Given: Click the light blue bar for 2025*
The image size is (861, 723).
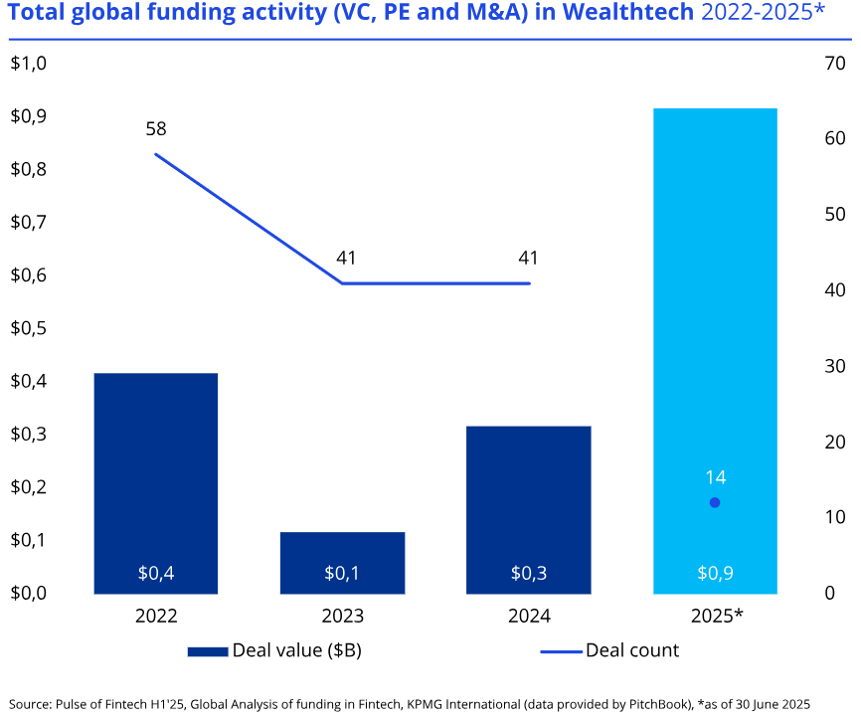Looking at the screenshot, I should pyautogui.click(x=714, y=348).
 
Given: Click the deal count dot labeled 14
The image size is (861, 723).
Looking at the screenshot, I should pyautogui.click(x=714, y=502).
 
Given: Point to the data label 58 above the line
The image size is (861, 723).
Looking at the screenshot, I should pyautogui.click(x=155, y=128).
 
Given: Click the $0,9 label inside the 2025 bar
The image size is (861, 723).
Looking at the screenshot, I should pyautogui.click(x=715, y=573).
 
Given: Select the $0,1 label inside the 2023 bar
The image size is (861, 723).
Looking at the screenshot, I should pyautogui.click(x=342, y=573).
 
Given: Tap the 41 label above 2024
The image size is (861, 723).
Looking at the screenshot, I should pyautogui.click(x=528, y=258).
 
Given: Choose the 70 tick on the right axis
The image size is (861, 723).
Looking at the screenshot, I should pyautogui.click(x=834, y=64).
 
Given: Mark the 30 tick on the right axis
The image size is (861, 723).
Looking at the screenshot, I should pyautogui.click(x=834, y=366).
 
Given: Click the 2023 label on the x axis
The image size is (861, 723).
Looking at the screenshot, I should pyautogui.click(x=342, y=616).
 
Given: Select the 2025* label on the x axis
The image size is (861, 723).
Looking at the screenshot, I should pyautogui.click(x=716, y=616).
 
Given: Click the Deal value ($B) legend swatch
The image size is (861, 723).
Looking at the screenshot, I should pyautogui.click(x=207, y=651).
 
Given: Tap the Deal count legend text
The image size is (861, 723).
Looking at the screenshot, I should pyautogui.click(x=632, y=650).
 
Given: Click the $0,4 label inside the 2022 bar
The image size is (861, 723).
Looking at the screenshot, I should pyautogui.click(x=156, y=573).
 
